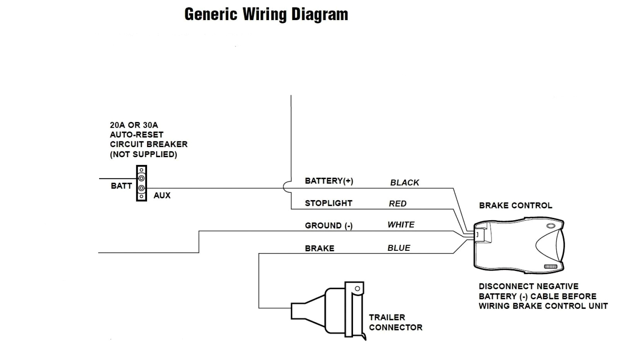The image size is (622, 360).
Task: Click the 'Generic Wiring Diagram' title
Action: coord(266,14)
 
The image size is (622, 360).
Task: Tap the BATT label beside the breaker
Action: coord(121,186)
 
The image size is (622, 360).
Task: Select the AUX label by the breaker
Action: coord(162,195)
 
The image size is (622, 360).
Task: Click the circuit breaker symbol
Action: coord(141,183)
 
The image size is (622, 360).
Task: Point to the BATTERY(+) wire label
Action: coord(329,181)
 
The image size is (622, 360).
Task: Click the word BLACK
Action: coord(404,183)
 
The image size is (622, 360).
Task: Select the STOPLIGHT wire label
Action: coord(328,203)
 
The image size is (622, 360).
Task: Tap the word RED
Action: coord(398,204)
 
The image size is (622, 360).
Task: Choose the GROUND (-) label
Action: coord(328,226)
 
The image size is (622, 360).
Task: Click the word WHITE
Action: coord(401,225)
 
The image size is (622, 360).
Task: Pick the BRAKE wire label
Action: coord(319,249)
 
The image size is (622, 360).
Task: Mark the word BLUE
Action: coord(399,248)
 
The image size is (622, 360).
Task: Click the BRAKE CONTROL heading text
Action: coord(515,206)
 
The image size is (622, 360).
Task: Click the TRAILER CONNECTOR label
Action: coord(395,322)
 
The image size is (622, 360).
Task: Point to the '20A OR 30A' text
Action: coord(134,125)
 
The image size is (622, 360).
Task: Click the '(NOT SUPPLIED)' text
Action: coord(143,154)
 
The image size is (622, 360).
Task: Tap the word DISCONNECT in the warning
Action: coord(499,286)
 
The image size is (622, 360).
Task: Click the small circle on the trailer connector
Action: coord(357,289)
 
